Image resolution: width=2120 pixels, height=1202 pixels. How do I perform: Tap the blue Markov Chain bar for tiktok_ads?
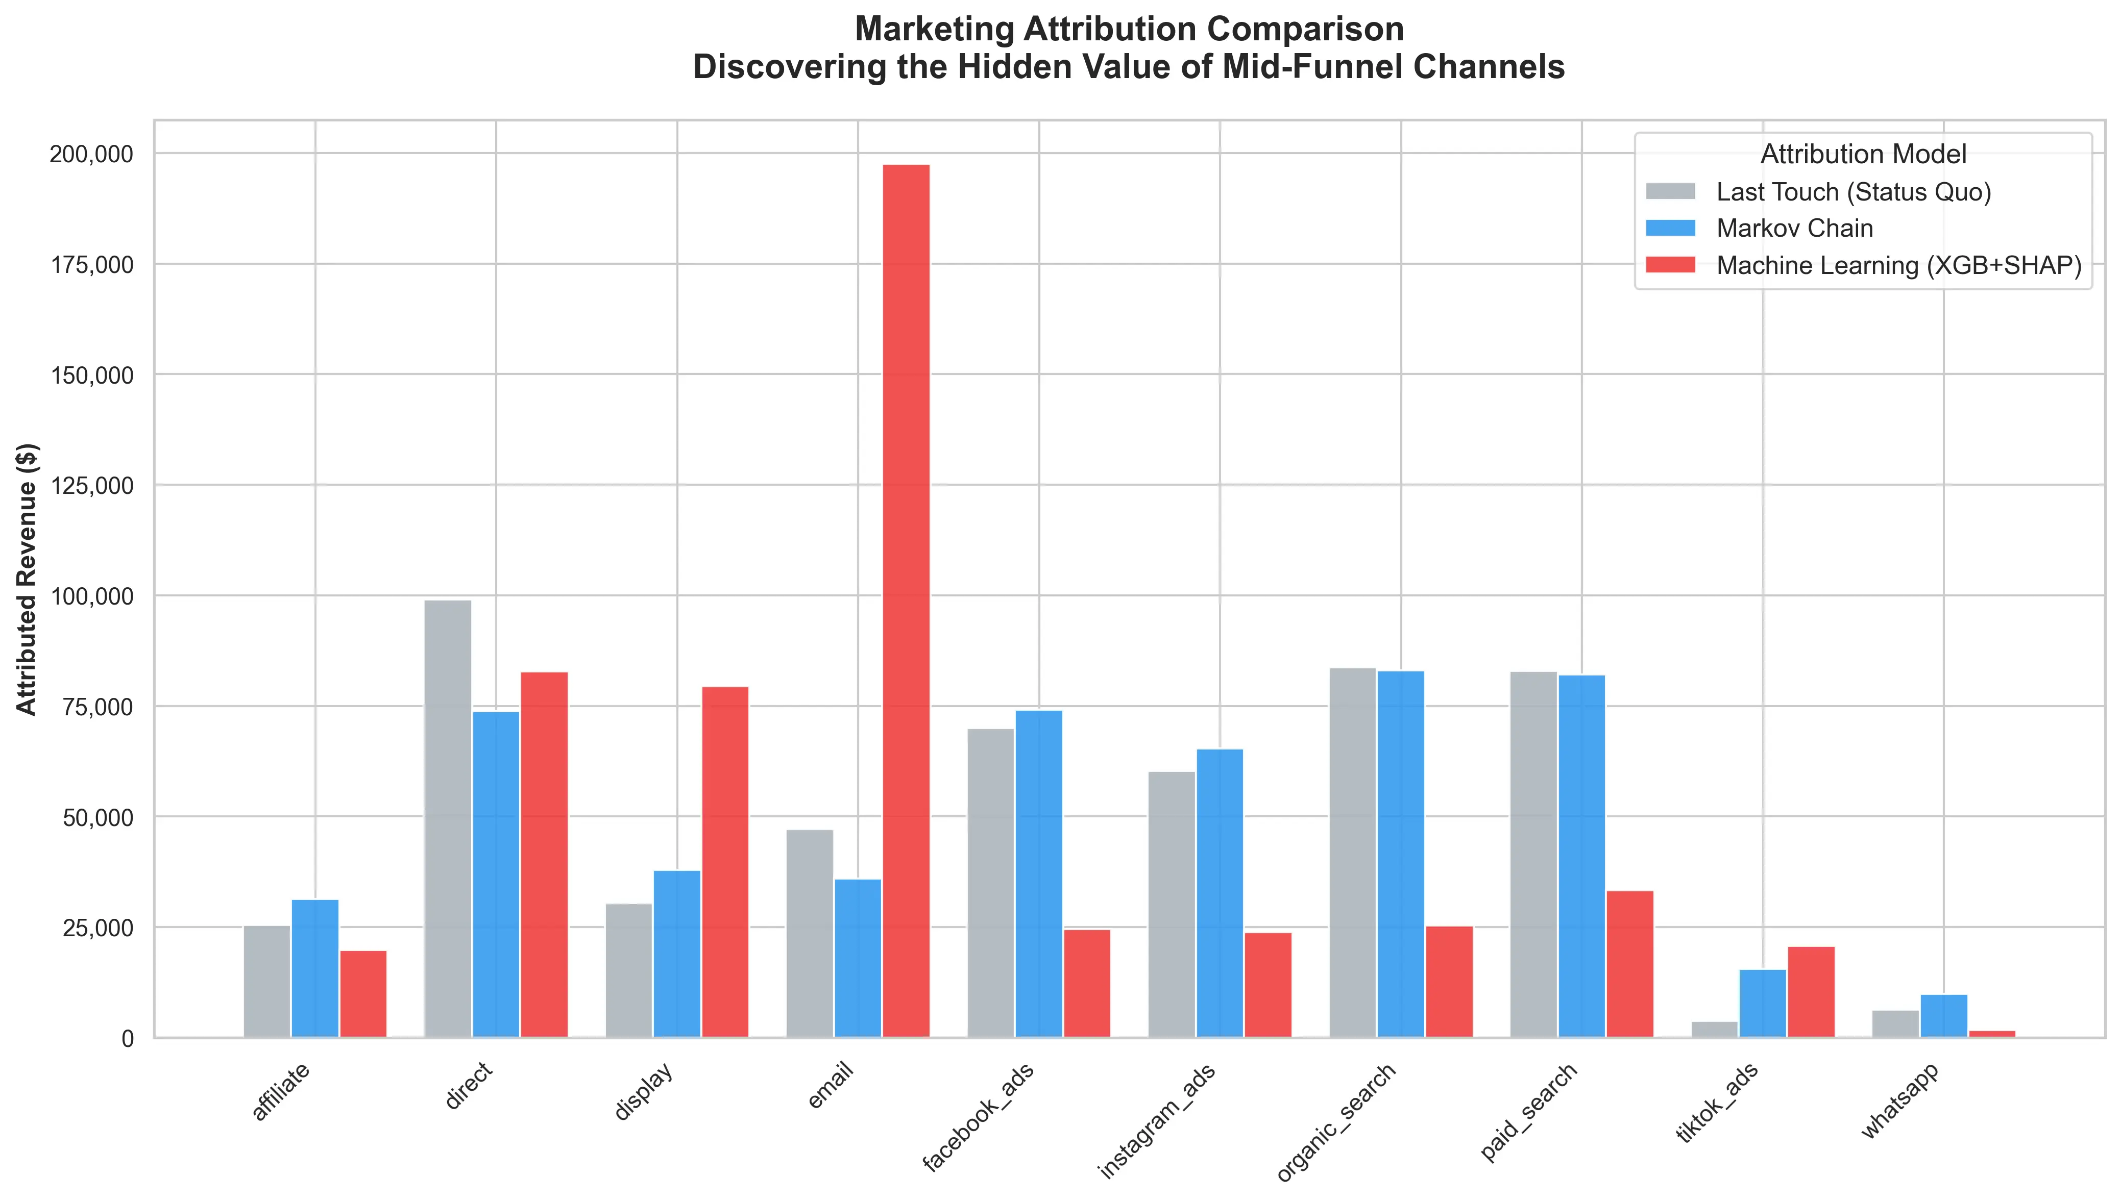tap(1762, 1003)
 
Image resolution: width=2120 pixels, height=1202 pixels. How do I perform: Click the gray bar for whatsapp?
tap(1895, 1023)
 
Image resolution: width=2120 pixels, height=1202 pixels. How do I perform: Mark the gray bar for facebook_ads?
tap(990, 883)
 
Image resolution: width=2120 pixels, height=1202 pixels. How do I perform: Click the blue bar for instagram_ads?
tap(1220, 892)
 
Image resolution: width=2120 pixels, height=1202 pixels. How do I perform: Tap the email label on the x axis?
tap(830, 1086)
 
